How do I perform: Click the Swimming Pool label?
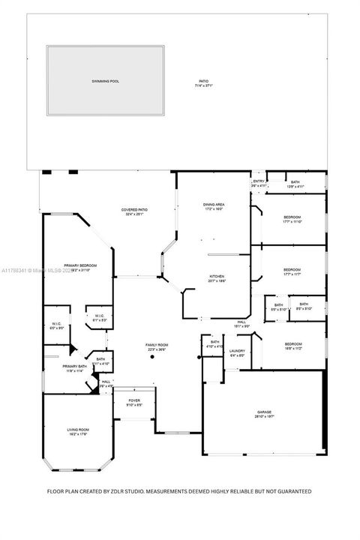pyautogui.click(x=106, y=79)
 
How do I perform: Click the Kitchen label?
pyautogui.click(x=217, y=276)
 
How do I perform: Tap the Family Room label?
pyautogui.click(x=157, y=345)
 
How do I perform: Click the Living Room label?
pyautogui.click(x=78, y=429)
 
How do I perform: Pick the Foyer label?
pyautogui.click(x=133, y=400)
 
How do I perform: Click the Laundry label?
pyautogui.click(x=238, y=350)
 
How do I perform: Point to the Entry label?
pyautogui.click(x=259, y=181)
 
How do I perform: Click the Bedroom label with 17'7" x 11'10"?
pyautogui.click(x=292, y=217)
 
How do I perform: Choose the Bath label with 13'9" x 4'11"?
pyautogui.click(x=295, y=182)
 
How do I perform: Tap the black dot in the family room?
pyautogui.click(x=151, y=358)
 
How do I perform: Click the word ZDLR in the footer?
pyautogui.click(x=130, y=491)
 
